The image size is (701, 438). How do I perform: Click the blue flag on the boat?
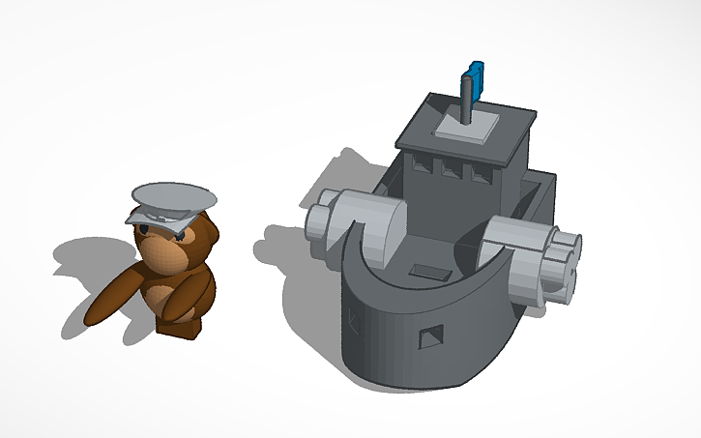pyautogui.click(x=474, y=75)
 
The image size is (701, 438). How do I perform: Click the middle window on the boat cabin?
pyautogui.click(x=451, y=171)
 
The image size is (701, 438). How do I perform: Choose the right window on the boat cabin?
pyautogui.click(x=478, y=174)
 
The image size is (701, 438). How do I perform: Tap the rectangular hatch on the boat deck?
pyautogui.click(x=430, y=274)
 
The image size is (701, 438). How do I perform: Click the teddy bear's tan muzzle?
pyautogui.click(x=161, y=253)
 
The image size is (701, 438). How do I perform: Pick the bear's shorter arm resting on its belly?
pyautogui.click(x=179, y=302)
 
